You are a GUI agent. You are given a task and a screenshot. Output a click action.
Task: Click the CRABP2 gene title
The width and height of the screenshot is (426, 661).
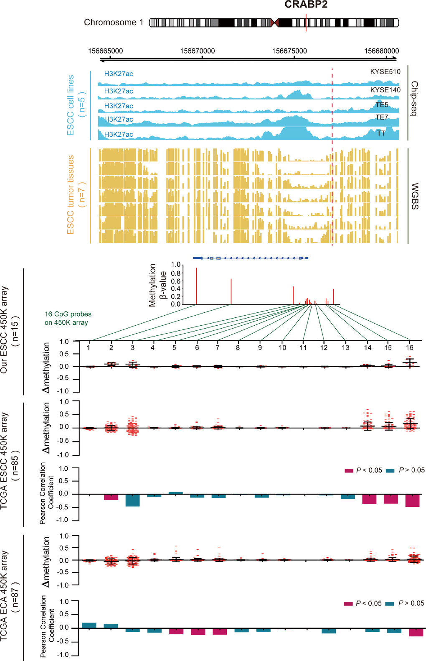coord(306,5)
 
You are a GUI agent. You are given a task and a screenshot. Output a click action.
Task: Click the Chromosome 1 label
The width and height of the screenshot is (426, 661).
coord(113,23)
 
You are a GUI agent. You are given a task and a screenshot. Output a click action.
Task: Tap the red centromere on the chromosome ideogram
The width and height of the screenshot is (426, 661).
coord(274,23)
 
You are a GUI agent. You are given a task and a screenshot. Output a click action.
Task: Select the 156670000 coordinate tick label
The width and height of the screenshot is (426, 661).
coord(198,51)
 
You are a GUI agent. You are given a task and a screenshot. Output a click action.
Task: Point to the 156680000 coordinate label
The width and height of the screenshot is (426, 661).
coord(381,51)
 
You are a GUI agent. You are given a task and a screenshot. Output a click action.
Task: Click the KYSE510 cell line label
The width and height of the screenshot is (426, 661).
coord(385,71)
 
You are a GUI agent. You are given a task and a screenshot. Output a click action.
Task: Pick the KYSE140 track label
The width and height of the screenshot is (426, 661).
coord(385,90)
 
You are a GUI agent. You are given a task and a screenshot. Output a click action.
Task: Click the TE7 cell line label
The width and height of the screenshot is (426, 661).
coord(382,117)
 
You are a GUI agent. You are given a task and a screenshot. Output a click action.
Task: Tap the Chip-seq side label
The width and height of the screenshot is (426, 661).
coord(415,99)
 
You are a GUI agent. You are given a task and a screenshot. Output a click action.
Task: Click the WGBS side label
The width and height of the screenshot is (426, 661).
coord(415,196)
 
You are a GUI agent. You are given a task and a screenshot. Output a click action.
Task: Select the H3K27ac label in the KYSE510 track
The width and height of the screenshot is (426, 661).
coord(119,74)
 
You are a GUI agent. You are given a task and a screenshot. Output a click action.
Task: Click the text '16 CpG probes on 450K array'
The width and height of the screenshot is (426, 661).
coord(68,318)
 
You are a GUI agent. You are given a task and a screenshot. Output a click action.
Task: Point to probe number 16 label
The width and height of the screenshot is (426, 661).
coord(410,347)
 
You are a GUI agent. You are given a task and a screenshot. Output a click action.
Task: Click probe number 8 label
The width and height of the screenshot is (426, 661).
coord(238,347)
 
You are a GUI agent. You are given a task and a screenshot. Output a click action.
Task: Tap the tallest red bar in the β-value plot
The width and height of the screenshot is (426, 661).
coord(196,286)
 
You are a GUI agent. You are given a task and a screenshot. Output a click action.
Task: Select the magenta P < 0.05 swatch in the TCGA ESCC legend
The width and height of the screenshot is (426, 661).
coord(349,471)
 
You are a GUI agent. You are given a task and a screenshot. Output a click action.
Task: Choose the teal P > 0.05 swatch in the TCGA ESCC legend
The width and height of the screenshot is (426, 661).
coord(390,471)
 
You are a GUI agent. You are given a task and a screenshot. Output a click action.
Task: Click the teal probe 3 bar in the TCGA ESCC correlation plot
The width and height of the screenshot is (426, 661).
coord(133,500)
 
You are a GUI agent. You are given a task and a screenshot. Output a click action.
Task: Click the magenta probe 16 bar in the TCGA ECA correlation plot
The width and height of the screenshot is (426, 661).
coord(416,632)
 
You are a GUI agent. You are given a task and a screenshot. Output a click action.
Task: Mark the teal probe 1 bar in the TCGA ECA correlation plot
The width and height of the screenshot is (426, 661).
coord(89,625)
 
